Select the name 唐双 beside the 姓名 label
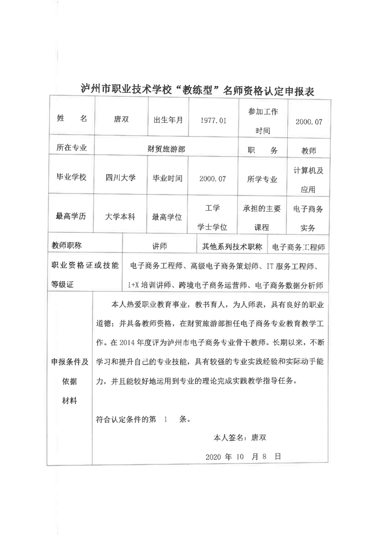[x=121, y=120]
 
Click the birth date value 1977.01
[x=213, y=120]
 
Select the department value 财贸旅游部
[x=166, y=148]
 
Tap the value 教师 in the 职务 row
[x=309, y=151]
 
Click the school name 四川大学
[x=121, y=178]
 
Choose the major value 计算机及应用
[x=309, y=179]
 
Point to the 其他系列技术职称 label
[x=232, y=246]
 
